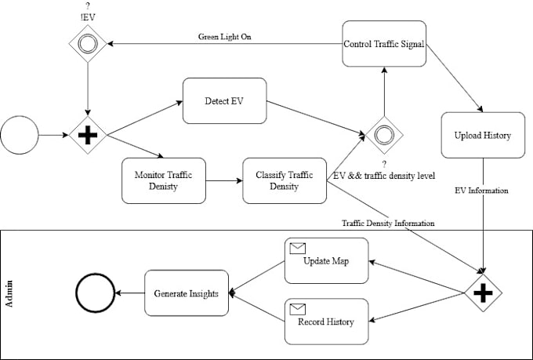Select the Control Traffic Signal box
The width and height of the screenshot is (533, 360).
(384, 44)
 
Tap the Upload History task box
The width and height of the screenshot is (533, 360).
(482, 136)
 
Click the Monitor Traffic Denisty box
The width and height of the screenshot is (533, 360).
(163, 180)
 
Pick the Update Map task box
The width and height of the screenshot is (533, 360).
(325, 261)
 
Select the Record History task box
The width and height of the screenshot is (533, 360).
(325, 321)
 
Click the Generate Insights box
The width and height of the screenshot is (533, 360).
(187, 293)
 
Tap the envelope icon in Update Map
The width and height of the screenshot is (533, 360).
(297, 249)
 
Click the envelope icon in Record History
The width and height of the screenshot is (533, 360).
(297, 307)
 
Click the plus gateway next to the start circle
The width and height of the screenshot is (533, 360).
(87, 136)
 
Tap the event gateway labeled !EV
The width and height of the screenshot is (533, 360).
(87, 44)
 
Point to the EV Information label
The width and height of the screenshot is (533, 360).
(482, 190)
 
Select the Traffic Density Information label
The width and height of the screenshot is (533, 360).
(388, 224)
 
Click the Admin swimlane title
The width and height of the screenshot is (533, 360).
(9, 295)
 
